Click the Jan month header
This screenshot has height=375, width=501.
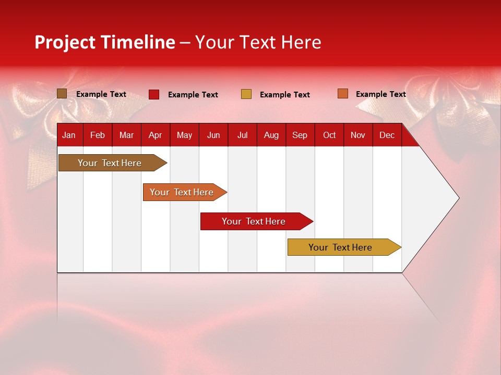pyautogui.click(x=69, y=135)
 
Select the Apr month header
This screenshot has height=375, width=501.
pyautogui.click(x=156, y=135)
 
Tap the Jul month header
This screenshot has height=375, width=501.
pyautogui.click(x=243, y=135)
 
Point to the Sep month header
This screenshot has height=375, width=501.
pyautogui.click(x=300, y=135)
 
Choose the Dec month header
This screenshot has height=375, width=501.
pyautogui.click(x=387, y=135)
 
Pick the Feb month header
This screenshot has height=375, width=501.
pyautogui.click(x=98, y=135)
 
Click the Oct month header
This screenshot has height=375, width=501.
pyautogui.click(x=329, y=135)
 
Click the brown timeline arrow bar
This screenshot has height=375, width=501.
pyautogui.click(x=113, y=163)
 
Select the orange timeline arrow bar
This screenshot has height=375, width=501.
pyautogui.click(x=185, y=192)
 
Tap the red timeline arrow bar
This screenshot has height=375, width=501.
pyautogui.click(x=257, y=221)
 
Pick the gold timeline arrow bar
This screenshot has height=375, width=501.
pyautogui.click(x=344, y=247)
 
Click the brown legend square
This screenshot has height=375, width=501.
pyautogui.click(x=62, y=94)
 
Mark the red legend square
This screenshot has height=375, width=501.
pyautogui.click(x=154, y=94)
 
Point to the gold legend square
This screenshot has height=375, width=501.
pyautogui.click(x=246, y=94)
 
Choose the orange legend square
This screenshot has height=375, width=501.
pyautogui.click(x=343, y=93)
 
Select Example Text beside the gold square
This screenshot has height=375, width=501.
pyautogui.click(x=285, y=95)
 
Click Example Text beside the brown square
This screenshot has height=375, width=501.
pyautogui.click(x=101, y=94)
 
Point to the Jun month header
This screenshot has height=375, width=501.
pyautogui.click(x=213, y=135)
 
